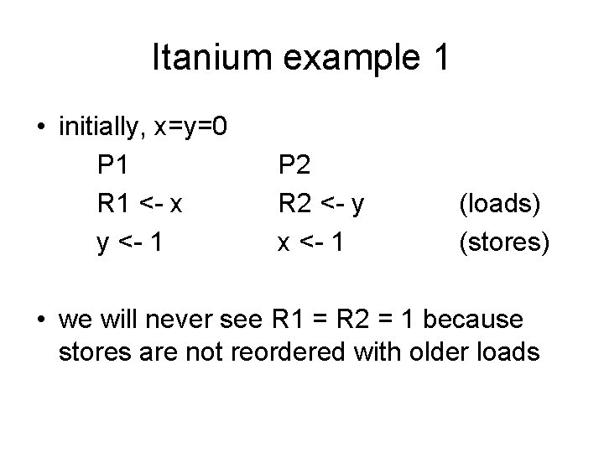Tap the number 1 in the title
(x=441, y=58)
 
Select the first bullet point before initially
(x=40, y=128)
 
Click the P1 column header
(x=113, y=164)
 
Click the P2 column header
(x=294, y=164)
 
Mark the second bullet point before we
(x=40, y=321)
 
